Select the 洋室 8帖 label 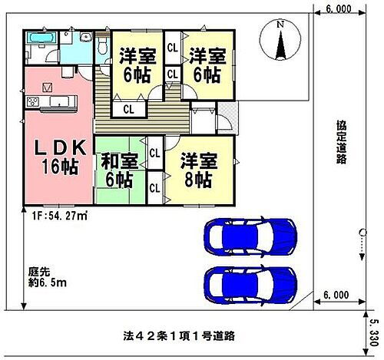click(197, 170)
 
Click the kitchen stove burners click(34, 104)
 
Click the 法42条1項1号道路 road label click(178, 336)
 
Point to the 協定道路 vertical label click(339, 142)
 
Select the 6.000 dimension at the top click(338, 9)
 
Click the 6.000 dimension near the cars click(337, 294)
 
